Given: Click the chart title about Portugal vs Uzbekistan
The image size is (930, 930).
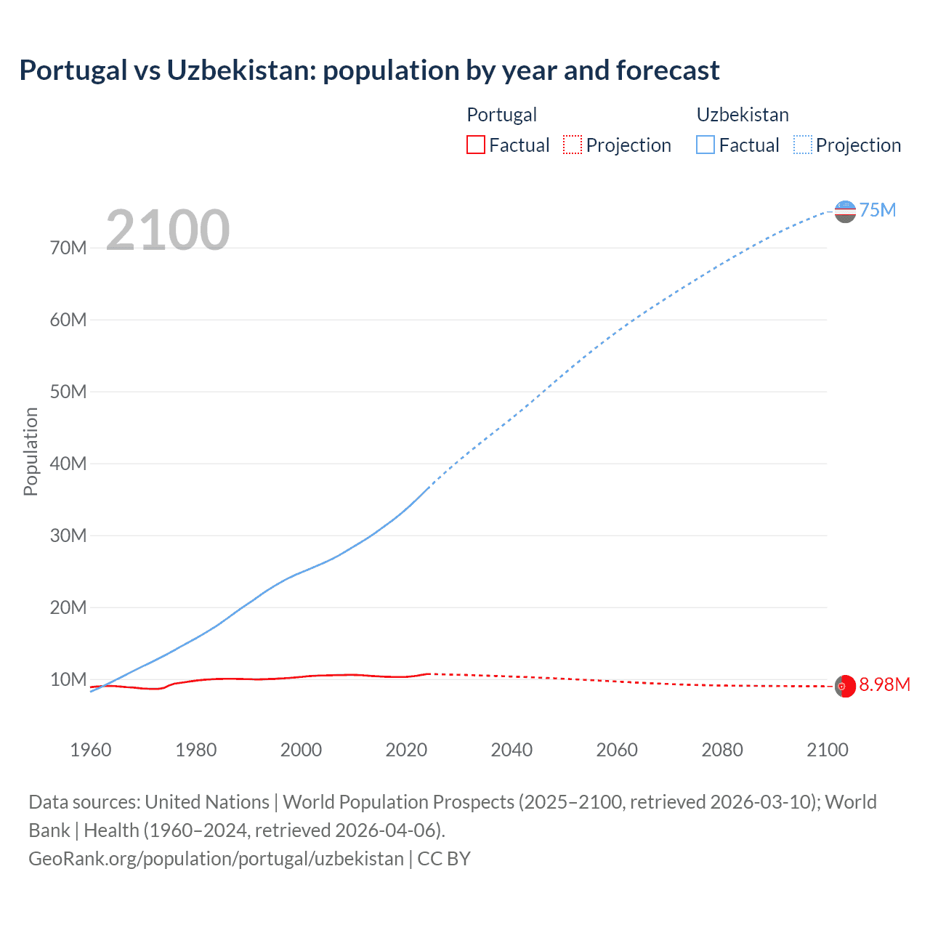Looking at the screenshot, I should pyautogui.click(x=369, y=70).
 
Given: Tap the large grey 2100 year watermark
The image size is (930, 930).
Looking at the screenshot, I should pyautogui.click(x=168, y=230).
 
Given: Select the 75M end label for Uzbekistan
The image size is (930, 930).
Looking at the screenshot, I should pyautogui.click(x=877, y=210).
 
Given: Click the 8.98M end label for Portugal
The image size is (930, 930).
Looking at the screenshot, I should pyautogui.click(x=884, y=685).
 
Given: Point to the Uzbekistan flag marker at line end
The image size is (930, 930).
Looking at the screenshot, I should pyautogui.click(x=845, y=211).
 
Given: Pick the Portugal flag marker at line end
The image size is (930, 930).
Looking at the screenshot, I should pyautogui.click(x=845, y=686).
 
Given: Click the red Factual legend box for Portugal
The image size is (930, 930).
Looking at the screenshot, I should pyautogui.click(x=476, y=145).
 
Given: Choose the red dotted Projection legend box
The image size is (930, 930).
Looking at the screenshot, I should pyautogui.click(x=573, y=145).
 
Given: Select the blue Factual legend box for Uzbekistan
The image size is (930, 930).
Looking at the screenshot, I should pyautogui.click(x=705, y=145).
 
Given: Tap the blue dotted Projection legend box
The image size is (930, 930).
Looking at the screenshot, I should pyautogui.click(x=803, y=145).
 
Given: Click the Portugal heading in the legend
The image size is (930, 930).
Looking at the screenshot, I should pyautogui.click(x=501, y=115).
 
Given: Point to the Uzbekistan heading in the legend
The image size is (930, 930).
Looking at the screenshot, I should pyautogui.click(x=743, y=115).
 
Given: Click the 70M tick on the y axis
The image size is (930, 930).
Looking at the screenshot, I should pyautogui.click(x=68, y=248).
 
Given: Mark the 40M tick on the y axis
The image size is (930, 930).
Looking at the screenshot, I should pyautogui.click(x=68, y=464).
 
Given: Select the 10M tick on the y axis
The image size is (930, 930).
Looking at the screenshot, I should pyautogui.click(x=68, y=680).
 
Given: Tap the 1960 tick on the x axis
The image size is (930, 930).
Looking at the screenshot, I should pyautogui.click(x=91, y=750).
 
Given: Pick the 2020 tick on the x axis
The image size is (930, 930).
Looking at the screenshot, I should pyautogui.click(x=406, y=750).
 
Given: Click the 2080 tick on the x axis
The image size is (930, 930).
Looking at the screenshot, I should pyautogui.click(x=722, y=750).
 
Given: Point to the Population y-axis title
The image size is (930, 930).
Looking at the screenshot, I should pyautogui.click(x=31, y=451).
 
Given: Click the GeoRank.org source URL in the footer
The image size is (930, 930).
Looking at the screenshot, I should pyautogui.click(x=216, y=859).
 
